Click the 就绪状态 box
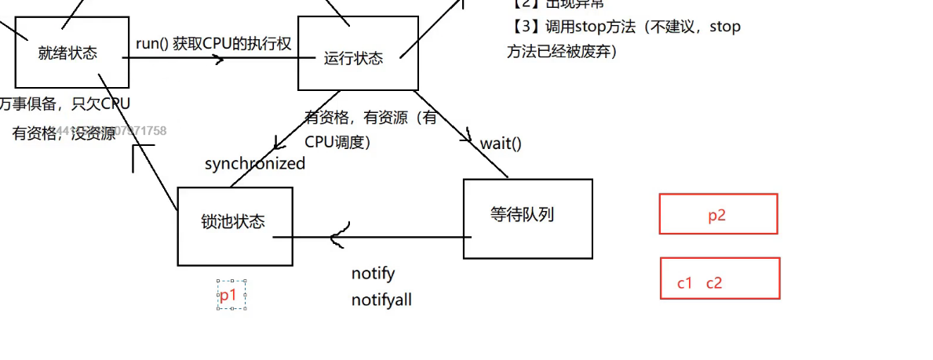(x=71, y=53)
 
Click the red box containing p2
(x=718, y=214)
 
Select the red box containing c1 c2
(x=720, y=278)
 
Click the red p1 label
(x=228, y=295)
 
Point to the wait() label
(x=501, y=144)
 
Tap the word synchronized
(x=255, y=164)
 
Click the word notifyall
(x=381, y=300)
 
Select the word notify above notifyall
(x=373, y=274)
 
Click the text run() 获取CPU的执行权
(x=213, y=44)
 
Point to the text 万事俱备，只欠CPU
(x=66, y=104)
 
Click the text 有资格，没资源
(x=63, y=133)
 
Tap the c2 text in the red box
(x=714, y=283)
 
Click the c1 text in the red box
(x=685, y=283)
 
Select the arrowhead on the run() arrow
(x=226, y=57)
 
